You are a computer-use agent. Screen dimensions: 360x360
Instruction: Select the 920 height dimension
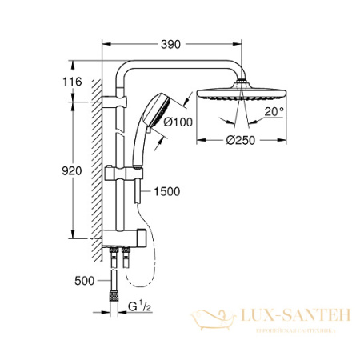point(71,170)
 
